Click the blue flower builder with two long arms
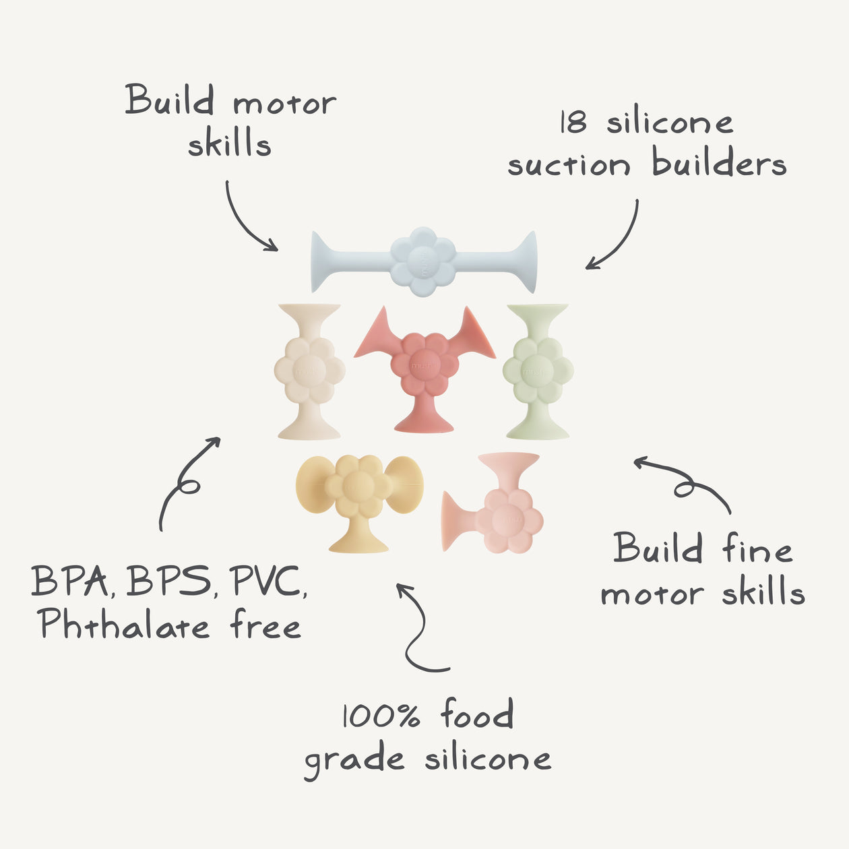423,261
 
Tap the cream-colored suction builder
309,371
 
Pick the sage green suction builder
538,371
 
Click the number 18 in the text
573,123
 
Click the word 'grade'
354,760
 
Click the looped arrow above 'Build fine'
684,482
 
